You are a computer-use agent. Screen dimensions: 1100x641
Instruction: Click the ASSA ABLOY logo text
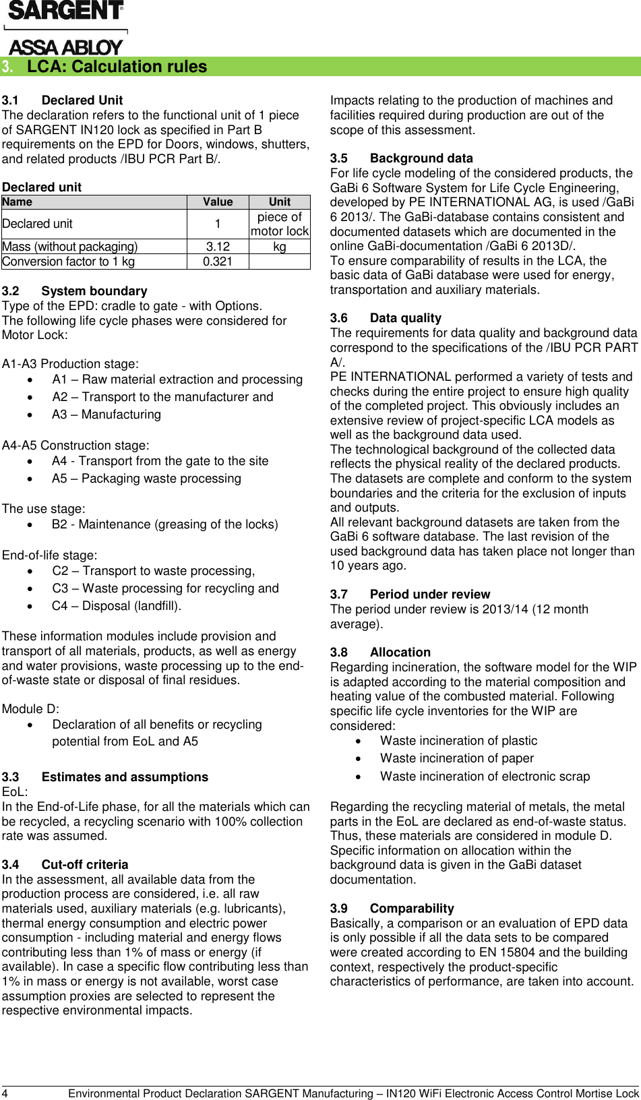[65, 47]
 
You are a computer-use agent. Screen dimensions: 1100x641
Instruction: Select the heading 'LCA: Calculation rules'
[117, 67]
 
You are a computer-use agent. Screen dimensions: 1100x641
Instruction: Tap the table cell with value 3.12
[218, 247]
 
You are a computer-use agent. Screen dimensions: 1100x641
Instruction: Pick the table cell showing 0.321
[218, 262]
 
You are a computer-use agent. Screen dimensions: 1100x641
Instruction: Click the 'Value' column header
[218, 202]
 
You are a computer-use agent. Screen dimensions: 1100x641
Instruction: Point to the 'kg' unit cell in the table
[279, 247]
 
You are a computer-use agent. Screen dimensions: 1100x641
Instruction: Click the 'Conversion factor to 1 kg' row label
[69, 262]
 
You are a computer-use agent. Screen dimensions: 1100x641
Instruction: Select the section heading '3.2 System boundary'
[74, 291]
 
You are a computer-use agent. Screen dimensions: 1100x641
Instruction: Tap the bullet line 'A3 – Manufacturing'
[106, 415]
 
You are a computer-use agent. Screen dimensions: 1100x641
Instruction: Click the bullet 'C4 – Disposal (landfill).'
[117, 605]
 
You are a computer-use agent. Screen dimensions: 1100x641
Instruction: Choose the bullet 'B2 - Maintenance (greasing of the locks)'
[164, 524]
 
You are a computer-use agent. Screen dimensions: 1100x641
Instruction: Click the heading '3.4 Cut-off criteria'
[65, 865]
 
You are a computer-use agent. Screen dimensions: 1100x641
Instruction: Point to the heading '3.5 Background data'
[402, 158]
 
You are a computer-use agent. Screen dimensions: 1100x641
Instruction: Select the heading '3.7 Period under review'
[410, 594]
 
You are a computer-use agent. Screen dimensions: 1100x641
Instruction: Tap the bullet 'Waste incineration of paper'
[456, 758]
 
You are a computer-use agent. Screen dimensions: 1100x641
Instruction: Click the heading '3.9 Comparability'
[392, 909]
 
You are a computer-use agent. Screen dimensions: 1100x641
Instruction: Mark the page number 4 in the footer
[5, 1093]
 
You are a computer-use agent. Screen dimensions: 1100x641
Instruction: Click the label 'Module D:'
[30, 709]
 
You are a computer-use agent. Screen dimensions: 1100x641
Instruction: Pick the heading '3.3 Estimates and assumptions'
[104, 777]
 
